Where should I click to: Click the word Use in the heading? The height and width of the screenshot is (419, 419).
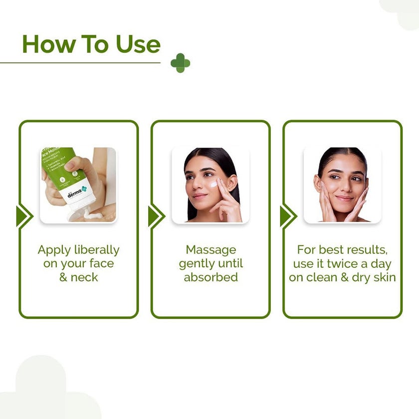pyautogui.click(x=138, y=44)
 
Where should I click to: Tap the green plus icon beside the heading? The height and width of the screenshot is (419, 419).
pyautogui.click(x=180, y=63)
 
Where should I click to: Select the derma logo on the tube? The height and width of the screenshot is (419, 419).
pyautogui.click(x=77, y=194)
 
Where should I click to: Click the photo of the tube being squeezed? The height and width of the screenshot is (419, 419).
pyautogui.click(x=78, y=185)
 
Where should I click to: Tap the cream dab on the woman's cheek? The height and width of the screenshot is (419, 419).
pyautogui.click(x=213, y=184)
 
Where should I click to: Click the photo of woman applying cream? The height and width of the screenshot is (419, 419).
pyautogui.click(x=210, y=185)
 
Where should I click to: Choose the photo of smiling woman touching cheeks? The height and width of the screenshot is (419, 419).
pyautogui.click(x=342, y=185)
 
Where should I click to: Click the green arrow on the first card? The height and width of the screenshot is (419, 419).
pyautogui.click(x=24, y=216)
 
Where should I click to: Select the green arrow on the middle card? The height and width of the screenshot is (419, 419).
pyautogui.click(x=156, y=216)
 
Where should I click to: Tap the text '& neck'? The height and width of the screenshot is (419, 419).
pyautogui.click(x=78, y=277)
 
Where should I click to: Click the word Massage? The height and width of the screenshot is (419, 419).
pyautogui.click(x=210, y=249)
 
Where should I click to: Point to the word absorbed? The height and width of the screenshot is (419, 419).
pyautogui.click(x=210, y=277)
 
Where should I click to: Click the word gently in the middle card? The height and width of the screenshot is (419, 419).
pyautogui.click(x=198, y=263)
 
